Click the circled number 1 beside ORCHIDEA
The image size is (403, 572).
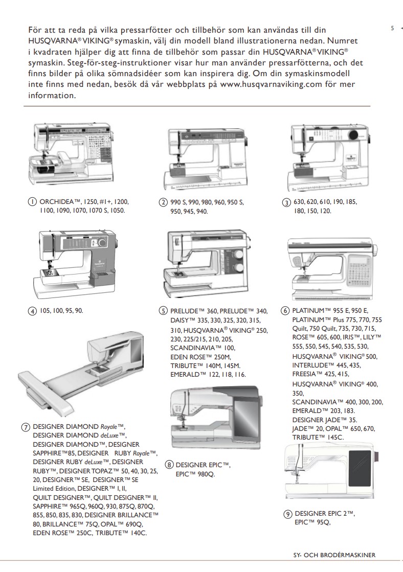[33, 202]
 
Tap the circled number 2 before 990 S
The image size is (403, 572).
[163, 202]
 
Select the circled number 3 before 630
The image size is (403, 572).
[286, 202]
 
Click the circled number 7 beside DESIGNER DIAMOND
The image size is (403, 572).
[26, 426]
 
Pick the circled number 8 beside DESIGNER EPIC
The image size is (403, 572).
[169, 465]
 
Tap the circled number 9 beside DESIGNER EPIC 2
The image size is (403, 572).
[288, 514]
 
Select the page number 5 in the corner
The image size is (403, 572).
[392, 28]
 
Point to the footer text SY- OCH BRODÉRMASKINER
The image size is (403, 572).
[338, 555]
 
